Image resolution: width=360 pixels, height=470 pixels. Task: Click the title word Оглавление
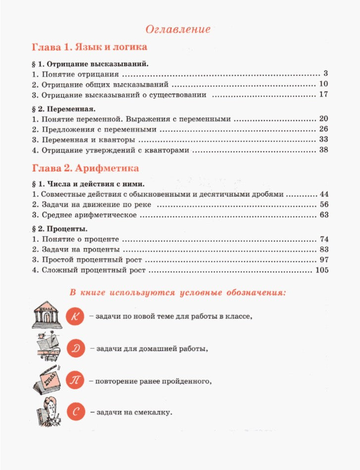[x=178, y=29]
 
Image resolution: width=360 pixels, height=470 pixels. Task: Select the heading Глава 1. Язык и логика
[x=90, y=48]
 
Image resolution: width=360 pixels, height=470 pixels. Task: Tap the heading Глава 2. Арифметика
[x=85, y=168]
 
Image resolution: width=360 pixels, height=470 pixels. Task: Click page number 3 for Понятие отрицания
[x=326, y=74]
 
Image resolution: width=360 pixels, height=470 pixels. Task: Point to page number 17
[x=324, y=94]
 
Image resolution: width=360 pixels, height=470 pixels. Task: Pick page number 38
[x=324, y=150]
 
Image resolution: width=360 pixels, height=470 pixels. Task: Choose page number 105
[x=321, y=270]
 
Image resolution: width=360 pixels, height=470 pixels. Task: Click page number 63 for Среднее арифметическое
[x=324, y=215]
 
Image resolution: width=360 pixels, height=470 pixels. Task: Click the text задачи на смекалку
[x=131, y=412]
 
